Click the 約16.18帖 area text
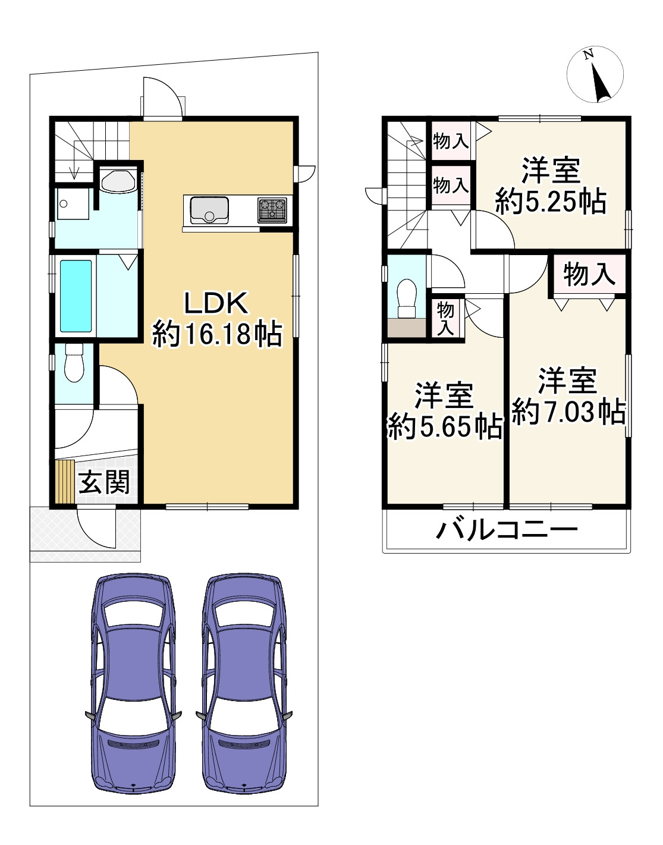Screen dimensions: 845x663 (x=217, y=334)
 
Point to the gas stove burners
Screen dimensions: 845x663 (x=272, y=210)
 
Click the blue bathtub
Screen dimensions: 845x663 (x=76, y=296)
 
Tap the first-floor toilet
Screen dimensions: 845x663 (x=74, y=363)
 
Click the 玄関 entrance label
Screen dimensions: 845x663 (x=104, y=482)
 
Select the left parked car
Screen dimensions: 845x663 (x=133, y=684)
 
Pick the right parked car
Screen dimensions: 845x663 (x=244, y=684)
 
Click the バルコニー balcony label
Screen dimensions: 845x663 (x=507, y=529)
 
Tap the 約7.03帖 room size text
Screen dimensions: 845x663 (x=568, y=411)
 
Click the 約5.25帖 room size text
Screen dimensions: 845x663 (x=551, y=202)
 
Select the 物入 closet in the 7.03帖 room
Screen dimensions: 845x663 (x=589, y=275)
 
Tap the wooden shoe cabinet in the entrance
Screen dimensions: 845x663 (x=65, y=481)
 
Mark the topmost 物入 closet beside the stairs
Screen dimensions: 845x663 (x=451, y=141)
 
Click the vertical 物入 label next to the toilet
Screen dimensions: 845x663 (x=445, y=318)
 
